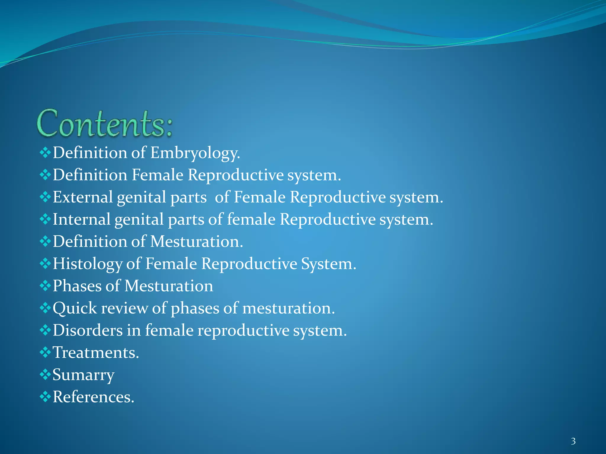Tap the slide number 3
pos(573,441)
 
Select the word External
pos(83,197)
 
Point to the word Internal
pos(81,219)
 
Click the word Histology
pos(87,264)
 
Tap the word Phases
pos(77,286)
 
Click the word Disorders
pos(88,330)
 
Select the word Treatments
pos(96,353)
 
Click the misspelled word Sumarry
pos(83,375)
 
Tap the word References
pos(94,397)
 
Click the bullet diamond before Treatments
pos(45,352)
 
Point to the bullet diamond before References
pos(45,397)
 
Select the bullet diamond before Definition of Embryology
pos(45,153)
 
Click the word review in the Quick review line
pos(124,308)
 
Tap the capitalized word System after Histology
pos(328,264)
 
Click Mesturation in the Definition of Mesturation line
pos(196,242)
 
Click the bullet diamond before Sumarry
pos(45,374)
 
